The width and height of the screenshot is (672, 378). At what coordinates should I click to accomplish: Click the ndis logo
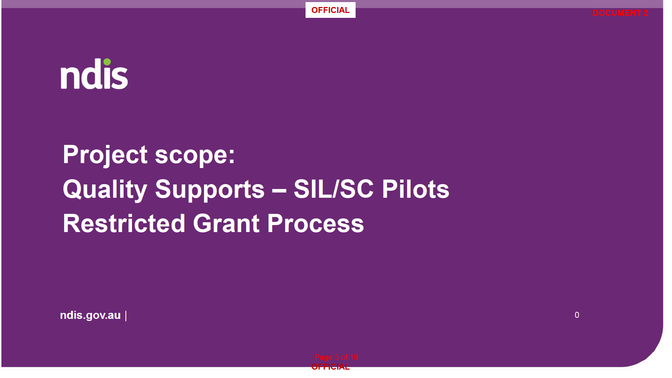click(94, 74)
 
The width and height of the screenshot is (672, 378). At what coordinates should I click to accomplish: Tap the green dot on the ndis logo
click(107, 62)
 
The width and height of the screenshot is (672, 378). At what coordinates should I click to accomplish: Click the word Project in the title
click(105, 155)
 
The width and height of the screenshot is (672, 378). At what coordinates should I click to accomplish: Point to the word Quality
click(105, 190)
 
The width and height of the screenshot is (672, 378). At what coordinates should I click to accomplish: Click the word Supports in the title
click(210, 190)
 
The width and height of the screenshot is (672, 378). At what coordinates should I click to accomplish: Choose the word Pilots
click(415, 189)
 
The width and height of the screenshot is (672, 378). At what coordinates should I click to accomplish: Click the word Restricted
click(124, 224)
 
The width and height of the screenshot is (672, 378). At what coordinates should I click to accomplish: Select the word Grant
click(226, 224)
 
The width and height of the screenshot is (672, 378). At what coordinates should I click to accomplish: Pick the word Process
click(316, 224)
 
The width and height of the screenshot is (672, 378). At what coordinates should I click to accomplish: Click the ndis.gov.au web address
click(90, 315)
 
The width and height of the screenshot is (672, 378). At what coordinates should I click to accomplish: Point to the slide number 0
click(577, 315)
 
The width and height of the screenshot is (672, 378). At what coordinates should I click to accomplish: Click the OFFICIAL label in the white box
click(330, 10)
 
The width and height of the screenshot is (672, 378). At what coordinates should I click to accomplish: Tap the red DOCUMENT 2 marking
click(620, 13)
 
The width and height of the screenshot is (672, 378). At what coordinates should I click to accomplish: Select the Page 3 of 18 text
click(336, 357)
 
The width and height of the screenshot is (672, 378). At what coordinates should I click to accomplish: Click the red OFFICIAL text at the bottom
click(330, 367)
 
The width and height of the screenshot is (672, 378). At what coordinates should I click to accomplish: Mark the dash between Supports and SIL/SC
click(279, 191)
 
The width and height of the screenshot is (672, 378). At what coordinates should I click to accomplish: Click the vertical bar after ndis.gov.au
click(126, 316)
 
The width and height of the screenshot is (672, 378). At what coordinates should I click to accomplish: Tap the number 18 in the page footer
click(353, 357)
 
